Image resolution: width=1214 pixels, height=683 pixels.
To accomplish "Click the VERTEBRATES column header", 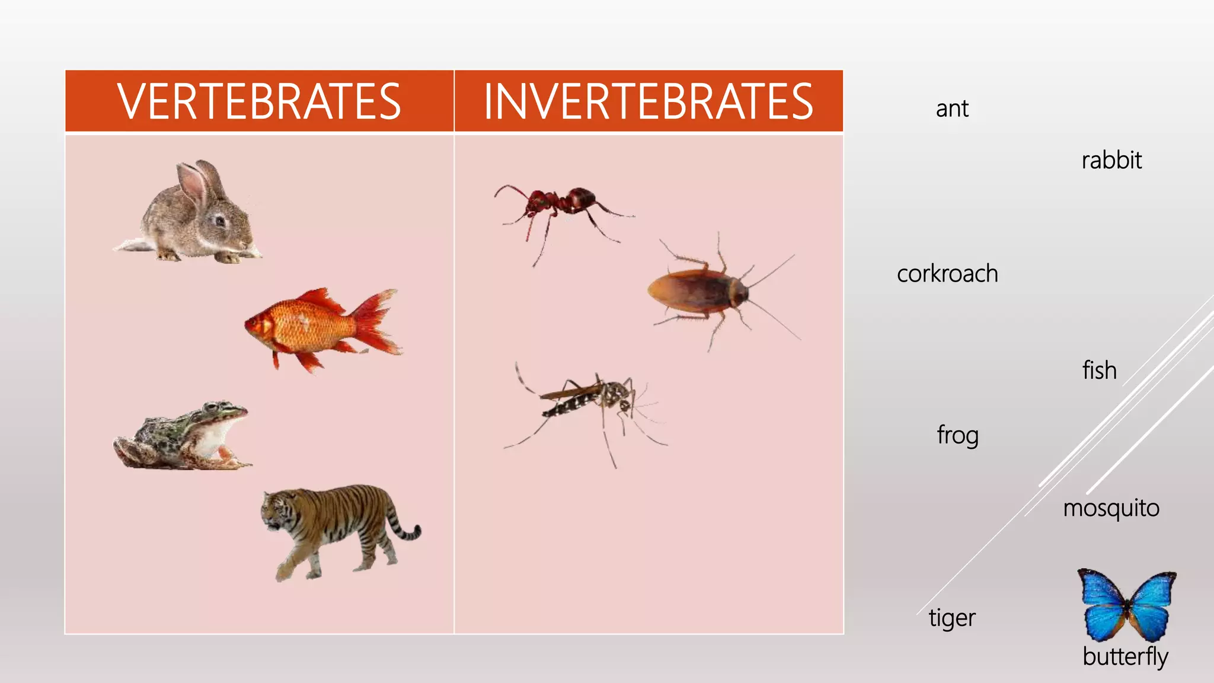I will coord(259,101).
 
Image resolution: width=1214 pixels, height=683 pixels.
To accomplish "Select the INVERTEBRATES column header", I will coord(648,101).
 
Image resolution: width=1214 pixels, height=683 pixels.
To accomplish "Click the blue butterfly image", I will coord(1126,605).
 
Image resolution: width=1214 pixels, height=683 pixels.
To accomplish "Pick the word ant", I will coord(952,109).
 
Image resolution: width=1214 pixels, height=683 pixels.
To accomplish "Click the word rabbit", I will coord(1111,161).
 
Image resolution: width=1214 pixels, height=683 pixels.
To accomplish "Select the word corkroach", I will coord(947,274).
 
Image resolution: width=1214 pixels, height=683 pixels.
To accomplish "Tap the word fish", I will coord(1100,371).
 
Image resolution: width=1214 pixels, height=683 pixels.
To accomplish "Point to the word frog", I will coord(957,435).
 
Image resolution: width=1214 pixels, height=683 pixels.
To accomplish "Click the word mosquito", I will coord(1111,509).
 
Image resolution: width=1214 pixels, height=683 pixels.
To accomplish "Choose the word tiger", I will coord(952,618).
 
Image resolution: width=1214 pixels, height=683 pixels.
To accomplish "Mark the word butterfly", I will coord(1125,657).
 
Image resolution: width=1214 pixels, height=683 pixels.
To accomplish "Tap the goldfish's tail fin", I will coord(379,323).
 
